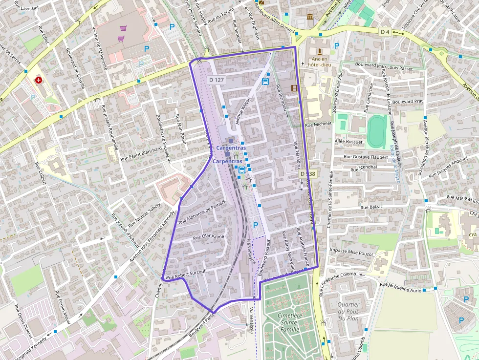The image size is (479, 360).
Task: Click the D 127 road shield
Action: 217,79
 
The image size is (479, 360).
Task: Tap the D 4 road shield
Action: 385,32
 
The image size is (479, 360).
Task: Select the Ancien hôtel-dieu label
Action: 319,62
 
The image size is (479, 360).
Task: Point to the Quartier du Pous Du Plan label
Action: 348,312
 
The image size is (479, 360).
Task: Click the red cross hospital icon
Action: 38,80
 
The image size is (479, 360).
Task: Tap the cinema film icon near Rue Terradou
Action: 294,88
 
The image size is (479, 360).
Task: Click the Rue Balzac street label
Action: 372,208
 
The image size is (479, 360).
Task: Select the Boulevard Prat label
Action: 407,102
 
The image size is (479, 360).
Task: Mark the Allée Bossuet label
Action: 348,142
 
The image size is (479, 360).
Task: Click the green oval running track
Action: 376,130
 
